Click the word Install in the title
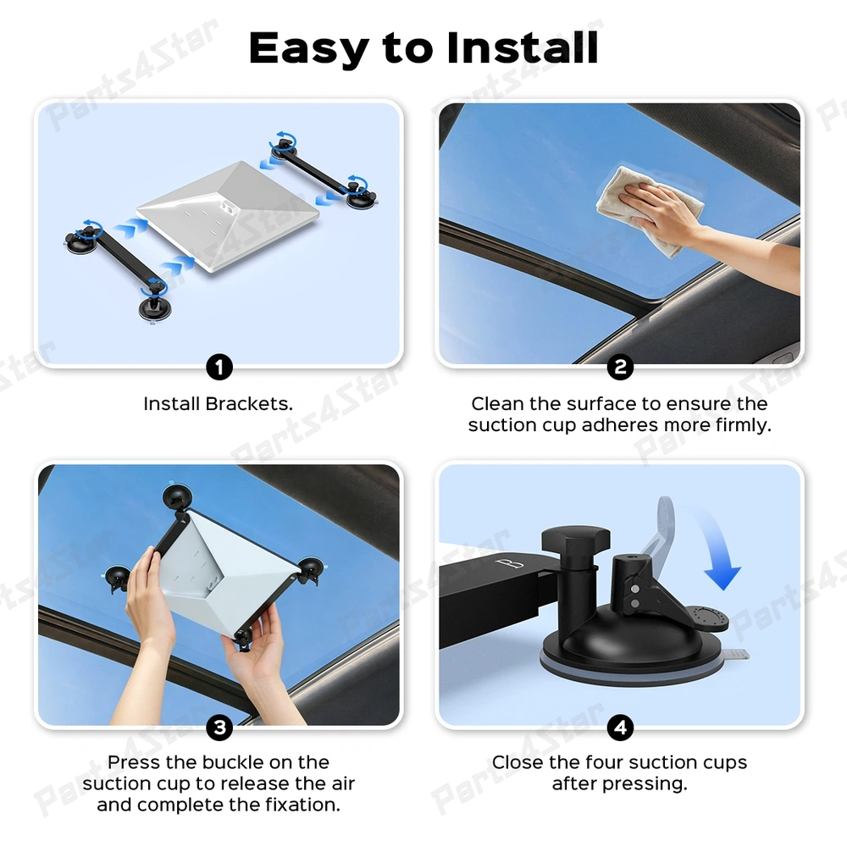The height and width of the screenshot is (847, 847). pyautogui.click(x=523, y=47)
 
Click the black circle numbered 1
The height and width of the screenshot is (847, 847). pyautogui.click(x=219, y=368)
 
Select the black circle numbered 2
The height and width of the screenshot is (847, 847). pyautogui.click(x=620, y=368)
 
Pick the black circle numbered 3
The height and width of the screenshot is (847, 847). pyautogui.click(x=219, y=728)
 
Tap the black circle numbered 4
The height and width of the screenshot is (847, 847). pyautogui.click(x=620, y=728)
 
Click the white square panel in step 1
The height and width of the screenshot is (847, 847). pyautogui.click(x=227, y=215)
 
